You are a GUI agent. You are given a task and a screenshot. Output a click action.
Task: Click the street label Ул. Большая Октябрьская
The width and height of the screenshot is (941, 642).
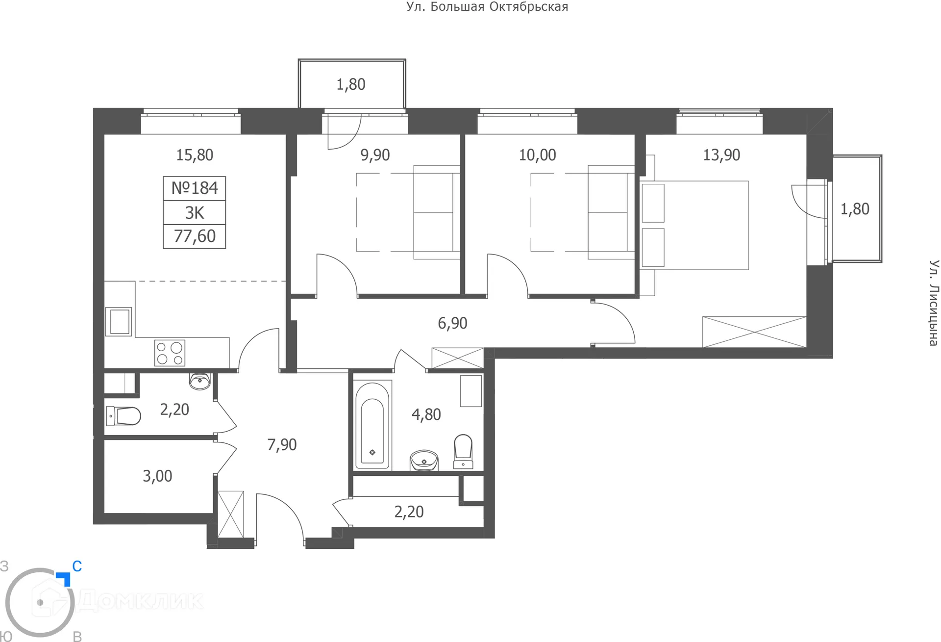(x=487, y=7)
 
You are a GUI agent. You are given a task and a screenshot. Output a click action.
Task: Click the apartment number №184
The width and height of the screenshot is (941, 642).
(x=195, y=188)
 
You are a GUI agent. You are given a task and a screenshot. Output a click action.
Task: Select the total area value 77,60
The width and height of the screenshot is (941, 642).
(x=195, y=236)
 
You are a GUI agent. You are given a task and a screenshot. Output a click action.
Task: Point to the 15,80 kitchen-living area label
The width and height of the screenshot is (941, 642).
(x=195, y=155)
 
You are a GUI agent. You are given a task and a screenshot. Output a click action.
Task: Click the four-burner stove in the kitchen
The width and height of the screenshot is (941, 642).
(x=170, y=353)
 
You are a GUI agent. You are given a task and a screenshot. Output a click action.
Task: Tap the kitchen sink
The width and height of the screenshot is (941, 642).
(x=119, y=322)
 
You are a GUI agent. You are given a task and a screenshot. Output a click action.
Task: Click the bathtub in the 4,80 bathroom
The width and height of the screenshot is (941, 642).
(x=372, y=425)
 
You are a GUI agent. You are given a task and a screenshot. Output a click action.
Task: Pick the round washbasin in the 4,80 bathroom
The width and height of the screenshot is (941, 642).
(x=424, y=461)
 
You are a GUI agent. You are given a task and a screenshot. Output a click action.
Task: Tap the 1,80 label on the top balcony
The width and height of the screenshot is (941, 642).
(x=351, y=84)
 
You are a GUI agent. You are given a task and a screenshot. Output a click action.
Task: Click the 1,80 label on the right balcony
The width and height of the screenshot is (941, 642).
(x=855, y=209)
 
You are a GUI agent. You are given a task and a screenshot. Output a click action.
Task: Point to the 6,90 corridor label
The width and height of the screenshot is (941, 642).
(x=452, y=323)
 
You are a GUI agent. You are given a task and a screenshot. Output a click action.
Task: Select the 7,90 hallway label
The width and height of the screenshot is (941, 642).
(x=282, y=445)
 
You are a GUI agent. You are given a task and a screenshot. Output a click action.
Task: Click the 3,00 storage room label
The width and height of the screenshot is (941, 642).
(x=157, y=476)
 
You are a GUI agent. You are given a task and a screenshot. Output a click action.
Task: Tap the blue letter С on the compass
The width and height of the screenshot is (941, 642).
(x=77, y=566)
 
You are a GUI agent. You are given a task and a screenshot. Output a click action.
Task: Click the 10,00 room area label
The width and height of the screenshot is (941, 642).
(x=537, y=155)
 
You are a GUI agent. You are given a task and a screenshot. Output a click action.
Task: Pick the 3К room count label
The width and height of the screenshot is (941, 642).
(x=195, y=213)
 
